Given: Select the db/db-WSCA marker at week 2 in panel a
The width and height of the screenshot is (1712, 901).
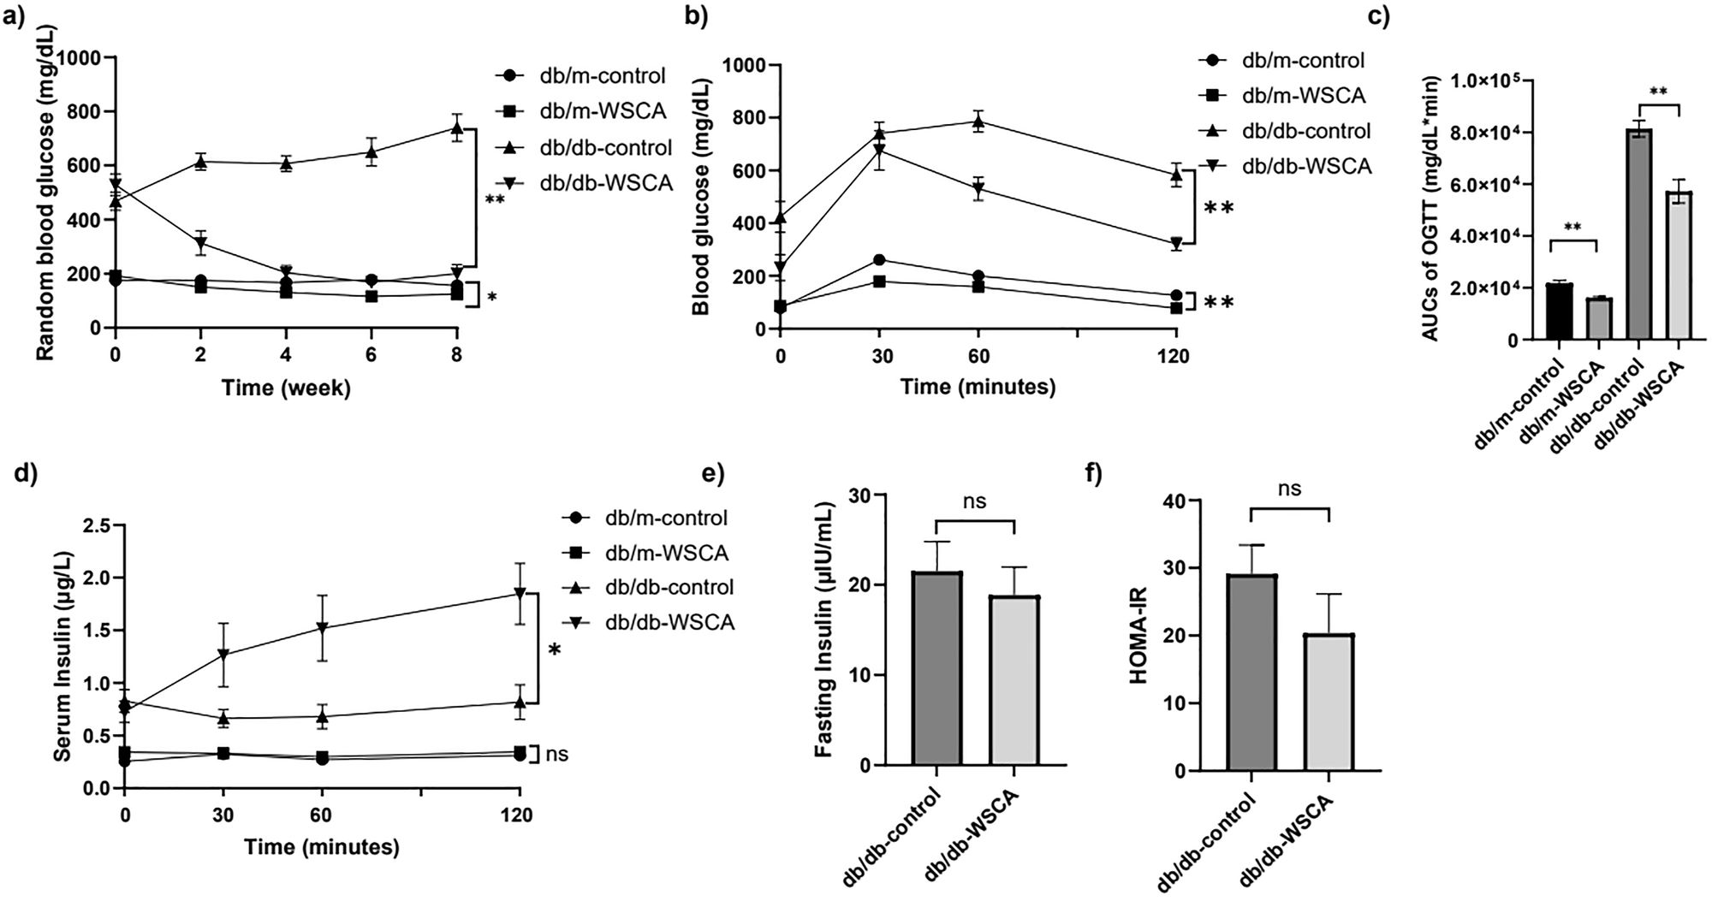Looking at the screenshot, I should (200, 244).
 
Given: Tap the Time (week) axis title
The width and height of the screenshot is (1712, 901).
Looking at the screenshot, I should (286, 388).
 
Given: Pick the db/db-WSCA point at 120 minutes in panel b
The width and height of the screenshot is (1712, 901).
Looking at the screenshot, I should (1176, 244).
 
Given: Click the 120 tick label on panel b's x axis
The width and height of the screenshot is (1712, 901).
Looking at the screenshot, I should (1176, 355).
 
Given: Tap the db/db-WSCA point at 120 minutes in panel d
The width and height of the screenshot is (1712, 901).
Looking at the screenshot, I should (519, 592).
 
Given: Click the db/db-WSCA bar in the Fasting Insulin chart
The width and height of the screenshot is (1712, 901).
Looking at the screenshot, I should (1014, 680).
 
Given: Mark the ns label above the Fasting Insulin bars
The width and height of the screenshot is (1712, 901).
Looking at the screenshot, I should (975, 501).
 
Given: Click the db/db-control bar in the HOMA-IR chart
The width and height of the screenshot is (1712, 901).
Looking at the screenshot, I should (1251, 673).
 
